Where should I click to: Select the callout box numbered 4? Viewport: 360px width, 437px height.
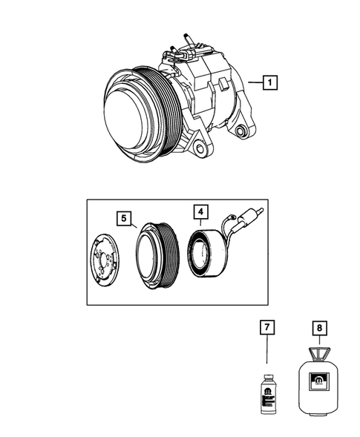tap(201, 212)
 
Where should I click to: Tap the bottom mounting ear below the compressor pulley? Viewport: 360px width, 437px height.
tap(194, 151)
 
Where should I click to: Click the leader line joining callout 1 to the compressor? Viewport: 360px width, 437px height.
tap(255, 85)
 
